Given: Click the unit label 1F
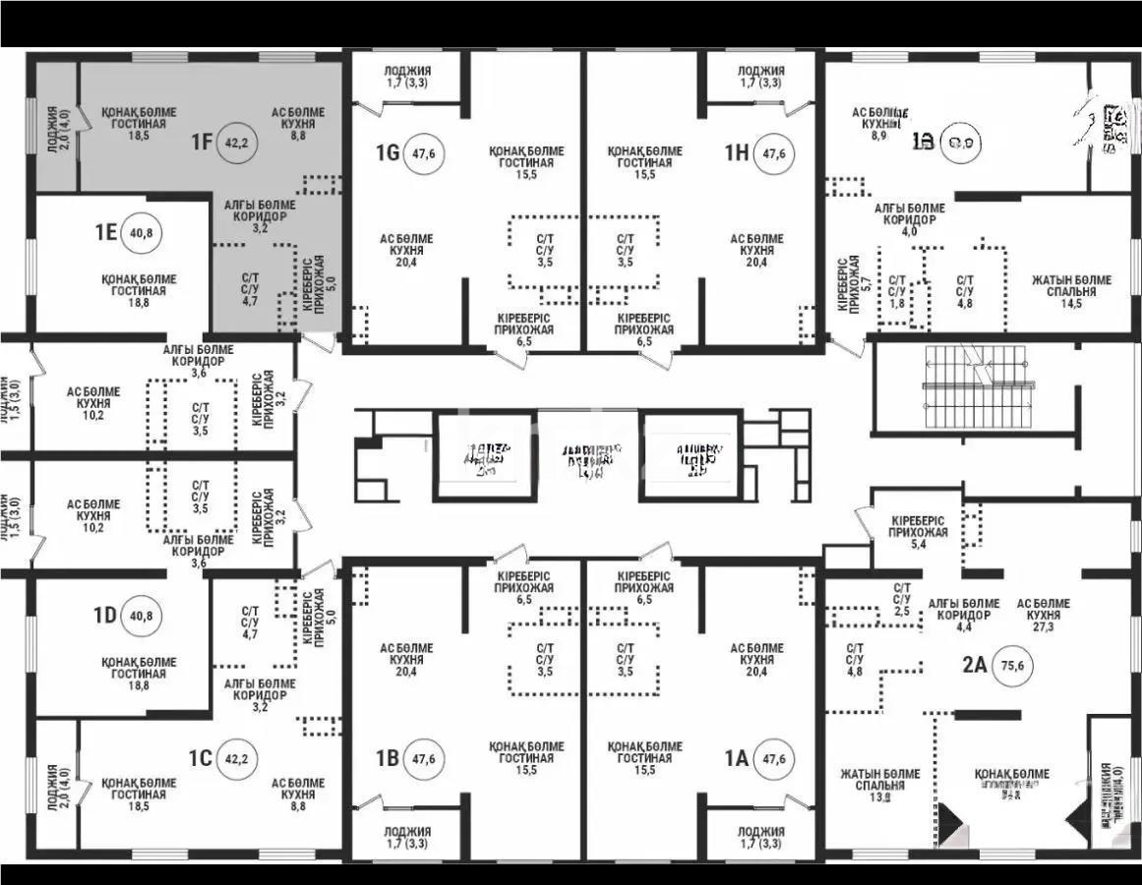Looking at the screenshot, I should [202, 142].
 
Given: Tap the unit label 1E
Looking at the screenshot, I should [106, 232].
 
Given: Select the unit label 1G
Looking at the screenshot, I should [387, 152].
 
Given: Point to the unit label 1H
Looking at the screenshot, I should [738, 152].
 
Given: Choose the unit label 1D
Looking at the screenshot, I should [105, 616].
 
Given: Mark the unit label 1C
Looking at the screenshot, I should [201, 758].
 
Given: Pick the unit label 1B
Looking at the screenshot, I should [387, 758].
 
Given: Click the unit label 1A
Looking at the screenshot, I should [737, 758].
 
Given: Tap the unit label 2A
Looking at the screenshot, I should [974, 663].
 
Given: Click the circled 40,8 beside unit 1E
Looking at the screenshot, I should [143, 233].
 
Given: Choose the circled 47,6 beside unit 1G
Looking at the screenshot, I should [424, 152].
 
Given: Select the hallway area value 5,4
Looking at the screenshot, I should [918, 544].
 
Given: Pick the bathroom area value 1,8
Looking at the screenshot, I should [896, 304].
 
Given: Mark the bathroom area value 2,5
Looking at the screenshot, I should [902, 611].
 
